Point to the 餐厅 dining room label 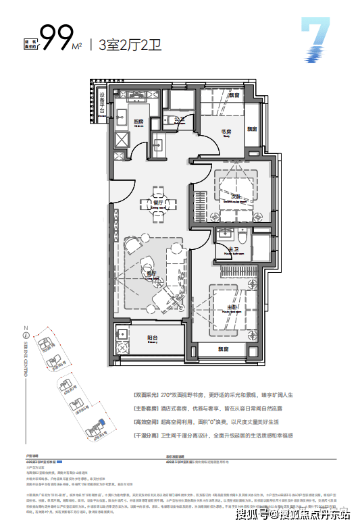pos(156,202)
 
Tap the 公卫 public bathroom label pos(179,120)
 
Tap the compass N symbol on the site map pos(25,334)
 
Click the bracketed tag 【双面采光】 pos(146,394)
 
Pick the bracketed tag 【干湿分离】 pos(146,436)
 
